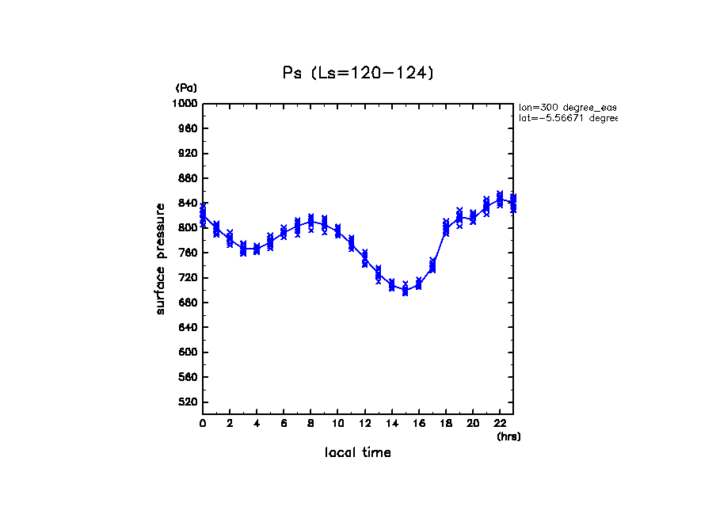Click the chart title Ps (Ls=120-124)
coord(358,73)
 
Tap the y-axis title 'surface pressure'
coord(161,258)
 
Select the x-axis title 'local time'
coord(357,452)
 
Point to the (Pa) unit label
coord(186,88)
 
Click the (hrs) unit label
coord(508,436)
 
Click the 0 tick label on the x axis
coord(203,423)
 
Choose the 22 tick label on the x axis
coord(500,423)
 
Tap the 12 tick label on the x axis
coord(364,423)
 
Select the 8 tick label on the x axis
coord(310,423)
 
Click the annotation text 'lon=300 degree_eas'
coord(566,106)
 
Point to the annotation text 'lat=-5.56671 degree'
coord(566,118)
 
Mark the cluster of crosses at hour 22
coord(500,198)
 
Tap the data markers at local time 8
coord(310,222)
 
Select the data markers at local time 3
coord(243,249)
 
